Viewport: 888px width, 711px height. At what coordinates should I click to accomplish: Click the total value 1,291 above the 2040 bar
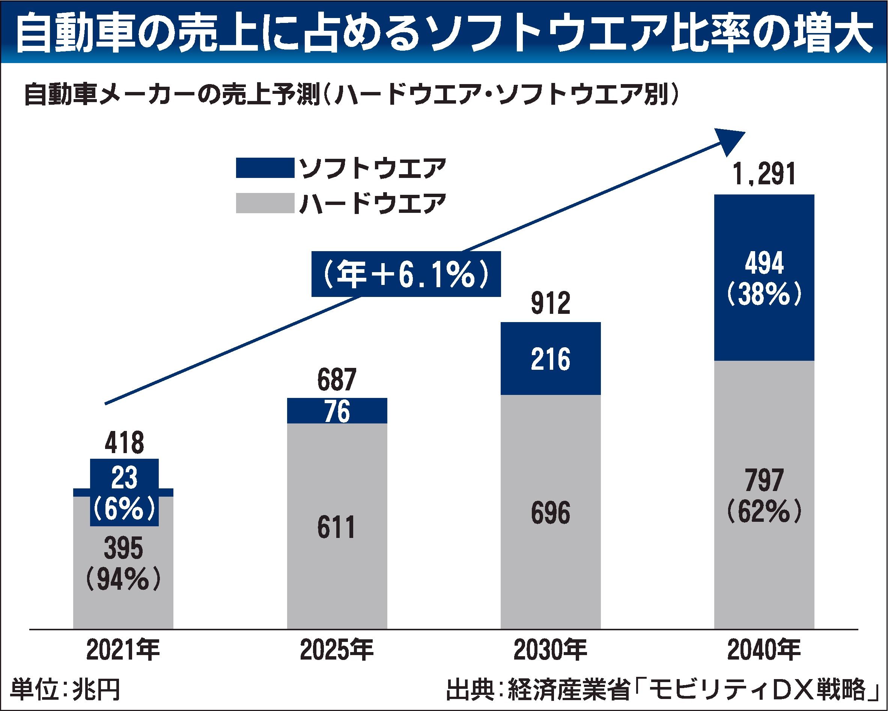pyautogui.click(x=764, y=174)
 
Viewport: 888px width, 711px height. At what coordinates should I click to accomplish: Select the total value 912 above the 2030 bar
pyautogui.click(x=551, y=303)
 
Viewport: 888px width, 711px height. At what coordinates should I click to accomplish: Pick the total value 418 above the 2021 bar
pyautogui.click(x=124, y=443)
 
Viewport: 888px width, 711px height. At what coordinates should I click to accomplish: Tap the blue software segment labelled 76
pyautogui.click(x=337, y=411)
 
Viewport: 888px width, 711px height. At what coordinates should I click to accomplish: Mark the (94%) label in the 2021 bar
pyautogui.click(x=123, y=580)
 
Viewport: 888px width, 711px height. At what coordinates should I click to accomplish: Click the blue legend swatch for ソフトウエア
pyautogui.click(x=265, y=168)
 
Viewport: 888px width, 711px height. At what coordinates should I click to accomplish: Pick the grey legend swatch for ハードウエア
pyautogui.click(x=265, y=203)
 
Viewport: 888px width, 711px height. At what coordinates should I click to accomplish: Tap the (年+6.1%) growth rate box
pyautogui.click(x=406, y=274)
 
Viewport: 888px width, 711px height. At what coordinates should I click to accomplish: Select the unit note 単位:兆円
pyautogui.click(x=65, y=690)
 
